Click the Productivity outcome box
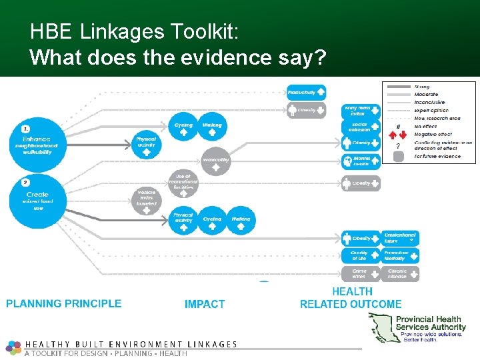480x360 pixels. click(306, 93)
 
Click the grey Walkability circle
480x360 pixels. click(216, 160)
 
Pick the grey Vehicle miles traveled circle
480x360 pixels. click(146, 197)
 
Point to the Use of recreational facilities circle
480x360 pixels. click(183, 182)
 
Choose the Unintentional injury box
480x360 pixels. click(400, 238)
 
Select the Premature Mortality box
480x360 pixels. click(400, 256)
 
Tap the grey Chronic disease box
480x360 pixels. click(400, 274)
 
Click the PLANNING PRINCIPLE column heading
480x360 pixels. click(64, 304)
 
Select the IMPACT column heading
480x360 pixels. click(205, 305)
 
